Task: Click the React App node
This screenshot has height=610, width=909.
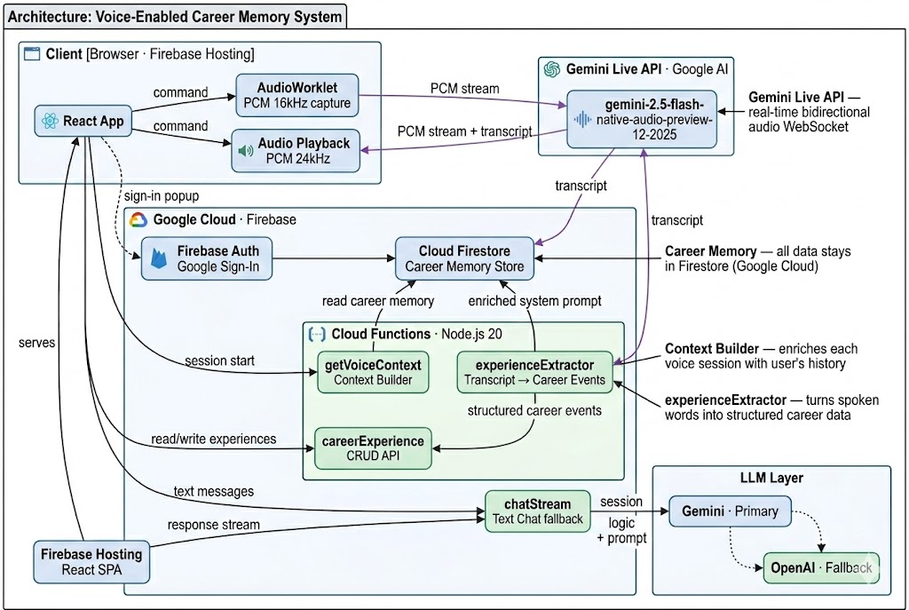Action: coord(83,121)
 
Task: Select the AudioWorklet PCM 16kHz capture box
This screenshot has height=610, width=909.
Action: coord(297,94)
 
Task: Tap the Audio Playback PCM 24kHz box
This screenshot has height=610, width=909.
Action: coord(296,151)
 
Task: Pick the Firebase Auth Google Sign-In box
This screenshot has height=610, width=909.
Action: coord(206,257)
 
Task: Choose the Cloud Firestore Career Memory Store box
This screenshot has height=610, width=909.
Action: coord(464,257)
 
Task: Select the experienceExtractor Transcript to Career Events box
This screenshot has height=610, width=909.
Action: coord(536,372)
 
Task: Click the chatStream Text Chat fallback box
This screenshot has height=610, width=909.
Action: coord(537,511)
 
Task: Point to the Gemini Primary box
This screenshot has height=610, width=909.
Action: coord(729,511)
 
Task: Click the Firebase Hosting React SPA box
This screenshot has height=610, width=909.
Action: coord(91,561)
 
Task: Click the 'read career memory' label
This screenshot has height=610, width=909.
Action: coord(378,301)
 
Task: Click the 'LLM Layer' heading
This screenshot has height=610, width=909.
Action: coord(771,478)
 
